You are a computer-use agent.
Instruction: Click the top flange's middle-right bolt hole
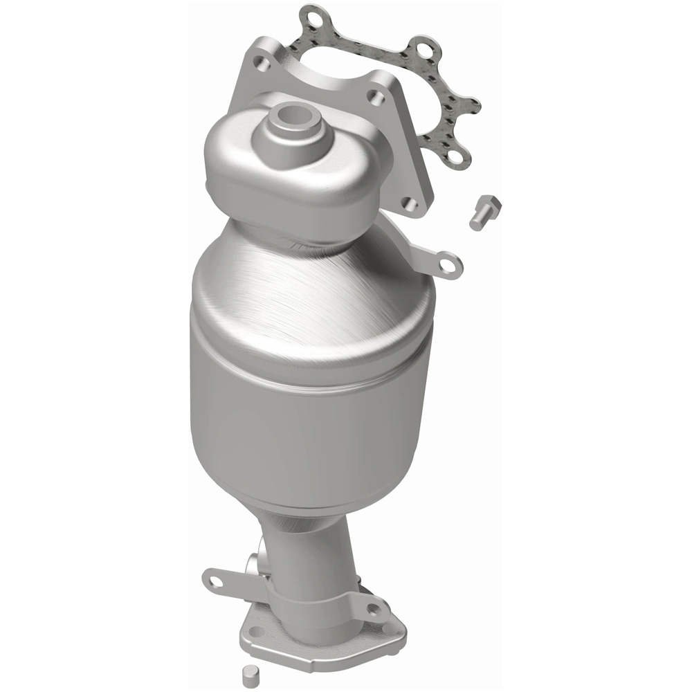pyautogui.click(x=374, y=98)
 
